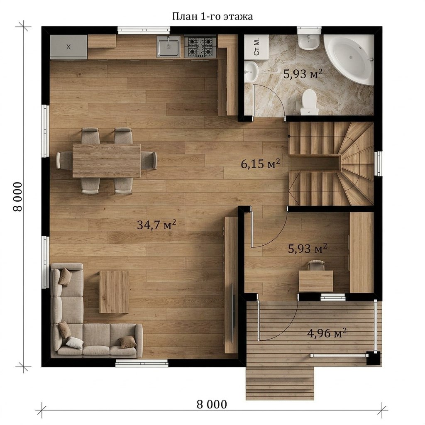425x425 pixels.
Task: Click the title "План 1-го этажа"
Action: [x=212, y=17]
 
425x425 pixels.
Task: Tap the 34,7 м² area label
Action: [x=156, y=225]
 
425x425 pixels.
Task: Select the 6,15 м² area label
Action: [x=261, y=164]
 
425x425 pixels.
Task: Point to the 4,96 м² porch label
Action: [x=327, y=333]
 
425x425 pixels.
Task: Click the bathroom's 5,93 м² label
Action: [x=303, y=73]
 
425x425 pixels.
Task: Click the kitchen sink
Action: [x=169, y=46]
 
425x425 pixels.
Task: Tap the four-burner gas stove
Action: [x=200, y=47]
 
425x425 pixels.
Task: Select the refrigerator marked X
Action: [x=68, y=47]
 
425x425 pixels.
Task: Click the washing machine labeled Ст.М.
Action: [x=256, y=46]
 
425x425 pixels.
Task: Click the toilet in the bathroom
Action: [x=309, y=102]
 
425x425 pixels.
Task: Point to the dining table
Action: [x=107, y=161]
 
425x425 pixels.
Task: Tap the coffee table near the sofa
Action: [x=114, y=292]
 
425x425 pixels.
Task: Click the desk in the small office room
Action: [x=316, y=281]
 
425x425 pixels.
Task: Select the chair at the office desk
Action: [x=316, y=265]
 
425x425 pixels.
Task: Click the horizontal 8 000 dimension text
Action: [x=212, y=404]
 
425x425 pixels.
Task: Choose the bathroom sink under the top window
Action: [x=309, y=42]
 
